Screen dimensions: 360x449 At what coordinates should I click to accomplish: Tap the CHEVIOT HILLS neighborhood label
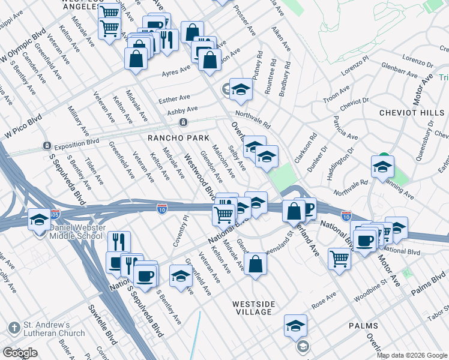pyautogui.click(x=411, y=112)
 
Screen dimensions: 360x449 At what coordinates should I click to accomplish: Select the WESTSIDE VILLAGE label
pyautogui.click(x=253, y=308)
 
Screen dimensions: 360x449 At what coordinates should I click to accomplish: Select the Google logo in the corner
pyautogui.click(x=20, y=353)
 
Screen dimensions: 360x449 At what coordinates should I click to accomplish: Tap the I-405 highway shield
pyautogui.click(x=55, y=213)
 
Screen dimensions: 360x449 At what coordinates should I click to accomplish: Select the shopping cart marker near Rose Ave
pyautogui.click(x=339, y=259)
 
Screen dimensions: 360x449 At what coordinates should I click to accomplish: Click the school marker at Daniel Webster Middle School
pyautogui.click(x=40, y=220)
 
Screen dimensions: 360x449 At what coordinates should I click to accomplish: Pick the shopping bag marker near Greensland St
pyautogui.click(x=255, y=263)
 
